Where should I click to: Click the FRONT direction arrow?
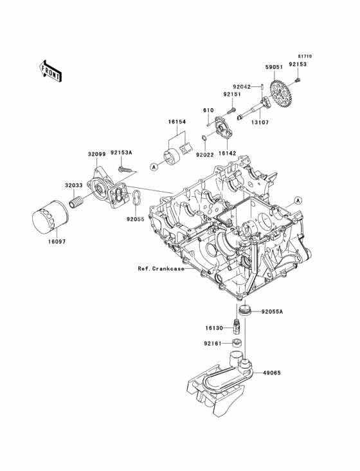pyautogui.click(x=50, y=71)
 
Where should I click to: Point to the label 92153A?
pyautogui.click(x=122, y=152)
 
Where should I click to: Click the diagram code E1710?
pyautogui.click(x=305, y=56)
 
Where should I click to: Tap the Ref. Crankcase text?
pyautogui.click(x=161, y=268)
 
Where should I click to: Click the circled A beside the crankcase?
pyautogui.click(x=298, y=200)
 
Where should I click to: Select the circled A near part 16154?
pyautogui.click(x=154, y=167)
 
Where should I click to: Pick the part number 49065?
pyautogui.click(x=272, y=373)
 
